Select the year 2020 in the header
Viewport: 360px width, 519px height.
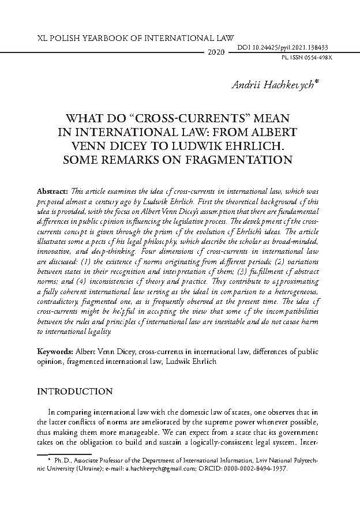[216, 52]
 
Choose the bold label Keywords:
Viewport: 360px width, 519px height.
[55, 351]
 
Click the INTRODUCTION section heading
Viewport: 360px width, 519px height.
[74, 392]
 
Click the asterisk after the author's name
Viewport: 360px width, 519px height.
[317, 84]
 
